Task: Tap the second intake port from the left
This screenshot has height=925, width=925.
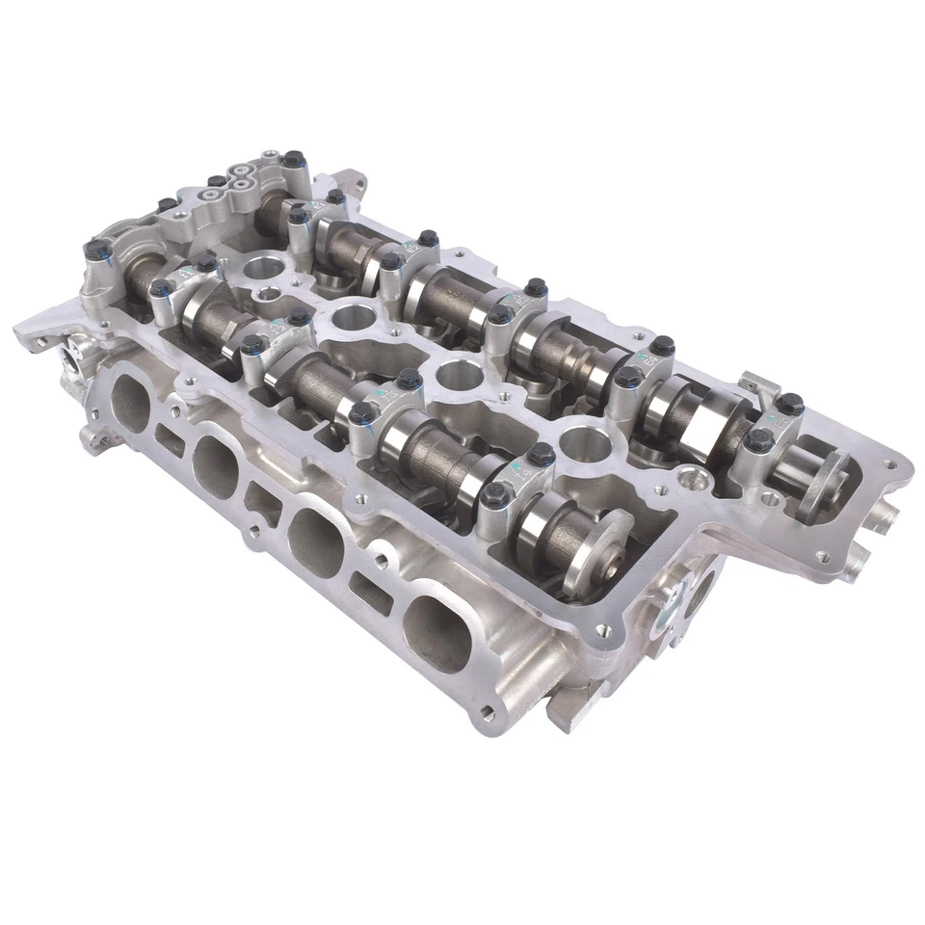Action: coord(215,465)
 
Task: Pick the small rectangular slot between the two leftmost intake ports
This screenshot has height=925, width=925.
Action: coord(171,440)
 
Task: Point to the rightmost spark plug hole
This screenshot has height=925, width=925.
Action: coord(584,443)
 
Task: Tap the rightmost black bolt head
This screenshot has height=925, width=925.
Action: coord(789,404)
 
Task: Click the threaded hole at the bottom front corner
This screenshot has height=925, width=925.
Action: coord(487,713)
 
